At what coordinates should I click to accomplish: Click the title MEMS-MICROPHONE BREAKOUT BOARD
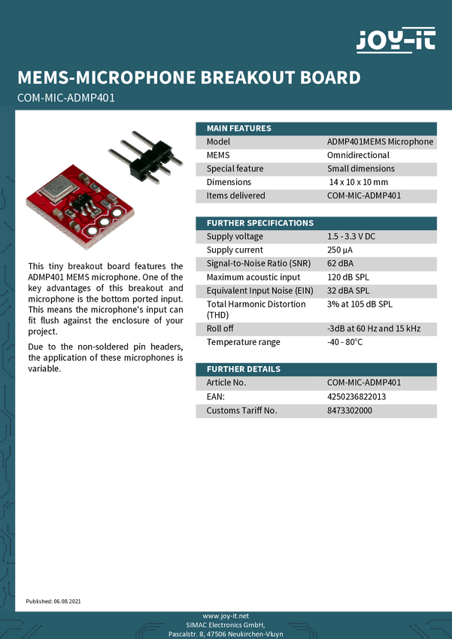189,77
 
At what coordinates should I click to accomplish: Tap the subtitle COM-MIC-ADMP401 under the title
65,98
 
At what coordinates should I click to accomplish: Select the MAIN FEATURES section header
239,128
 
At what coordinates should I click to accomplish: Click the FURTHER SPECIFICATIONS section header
259,223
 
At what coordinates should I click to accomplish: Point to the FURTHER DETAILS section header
243,369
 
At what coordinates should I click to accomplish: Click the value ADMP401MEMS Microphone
380,141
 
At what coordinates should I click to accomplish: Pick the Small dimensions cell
360,168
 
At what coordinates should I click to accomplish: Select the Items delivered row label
235,195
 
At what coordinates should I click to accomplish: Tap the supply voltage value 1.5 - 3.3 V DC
350,236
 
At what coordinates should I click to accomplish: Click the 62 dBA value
340,263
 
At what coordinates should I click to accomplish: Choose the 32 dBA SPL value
347,290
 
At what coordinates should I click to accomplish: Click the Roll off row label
220,329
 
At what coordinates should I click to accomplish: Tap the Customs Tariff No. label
241,410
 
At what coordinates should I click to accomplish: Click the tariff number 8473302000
349,410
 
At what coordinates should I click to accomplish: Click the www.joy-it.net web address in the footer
226,616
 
